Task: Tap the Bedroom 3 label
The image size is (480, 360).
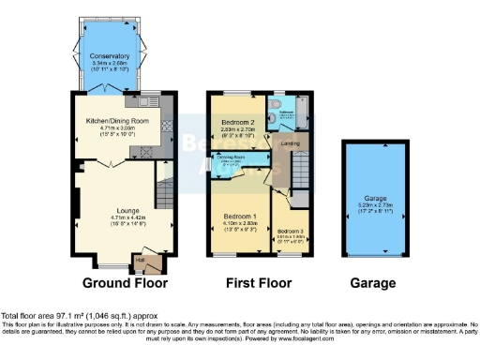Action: click(292, 230)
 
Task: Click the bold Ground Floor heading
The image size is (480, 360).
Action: click(125, 282)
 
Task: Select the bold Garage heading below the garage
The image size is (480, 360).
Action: click(372, 282)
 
